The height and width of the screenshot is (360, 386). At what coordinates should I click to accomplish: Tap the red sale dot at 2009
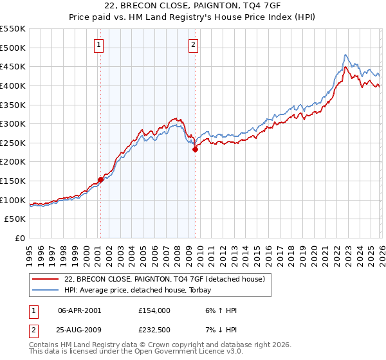point(195,149)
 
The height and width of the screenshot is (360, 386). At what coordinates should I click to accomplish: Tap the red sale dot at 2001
point(100,179)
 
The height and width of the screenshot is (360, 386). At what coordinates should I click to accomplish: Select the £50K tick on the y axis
point(15,219)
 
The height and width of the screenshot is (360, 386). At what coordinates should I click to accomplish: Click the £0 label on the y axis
point(21,239)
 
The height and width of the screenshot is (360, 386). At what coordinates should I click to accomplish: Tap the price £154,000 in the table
point(154,310)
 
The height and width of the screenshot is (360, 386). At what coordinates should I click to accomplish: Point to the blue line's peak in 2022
point(345,55)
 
